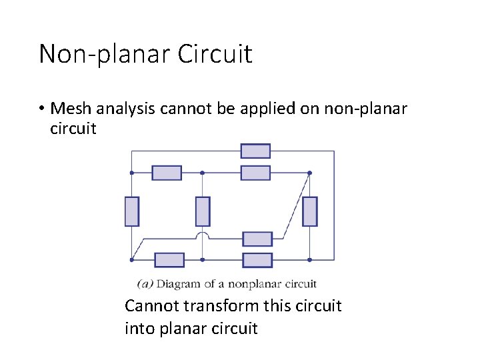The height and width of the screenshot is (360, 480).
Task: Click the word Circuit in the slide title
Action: pos(215,54)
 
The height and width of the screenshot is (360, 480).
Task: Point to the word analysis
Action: pos(126,109)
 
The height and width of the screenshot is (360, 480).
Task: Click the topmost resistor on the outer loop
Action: pos(255,151)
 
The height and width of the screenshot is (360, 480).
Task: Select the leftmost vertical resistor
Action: pos(132,211)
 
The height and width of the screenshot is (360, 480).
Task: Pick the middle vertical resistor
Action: pos(203,211)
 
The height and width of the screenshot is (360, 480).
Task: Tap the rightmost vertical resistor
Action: pos(309,211)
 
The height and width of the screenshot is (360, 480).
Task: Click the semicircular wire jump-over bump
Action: pos(203,236)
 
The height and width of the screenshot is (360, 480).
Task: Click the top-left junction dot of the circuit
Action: pos(132,173)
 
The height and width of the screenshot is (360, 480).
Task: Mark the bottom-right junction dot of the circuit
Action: pos(309,259)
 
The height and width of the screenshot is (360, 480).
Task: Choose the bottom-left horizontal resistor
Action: pos(169,259)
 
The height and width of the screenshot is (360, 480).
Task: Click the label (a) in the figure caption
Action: pos(145,284)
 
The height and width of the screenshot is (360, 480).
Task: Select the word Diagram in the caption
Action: pos(178,284)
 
